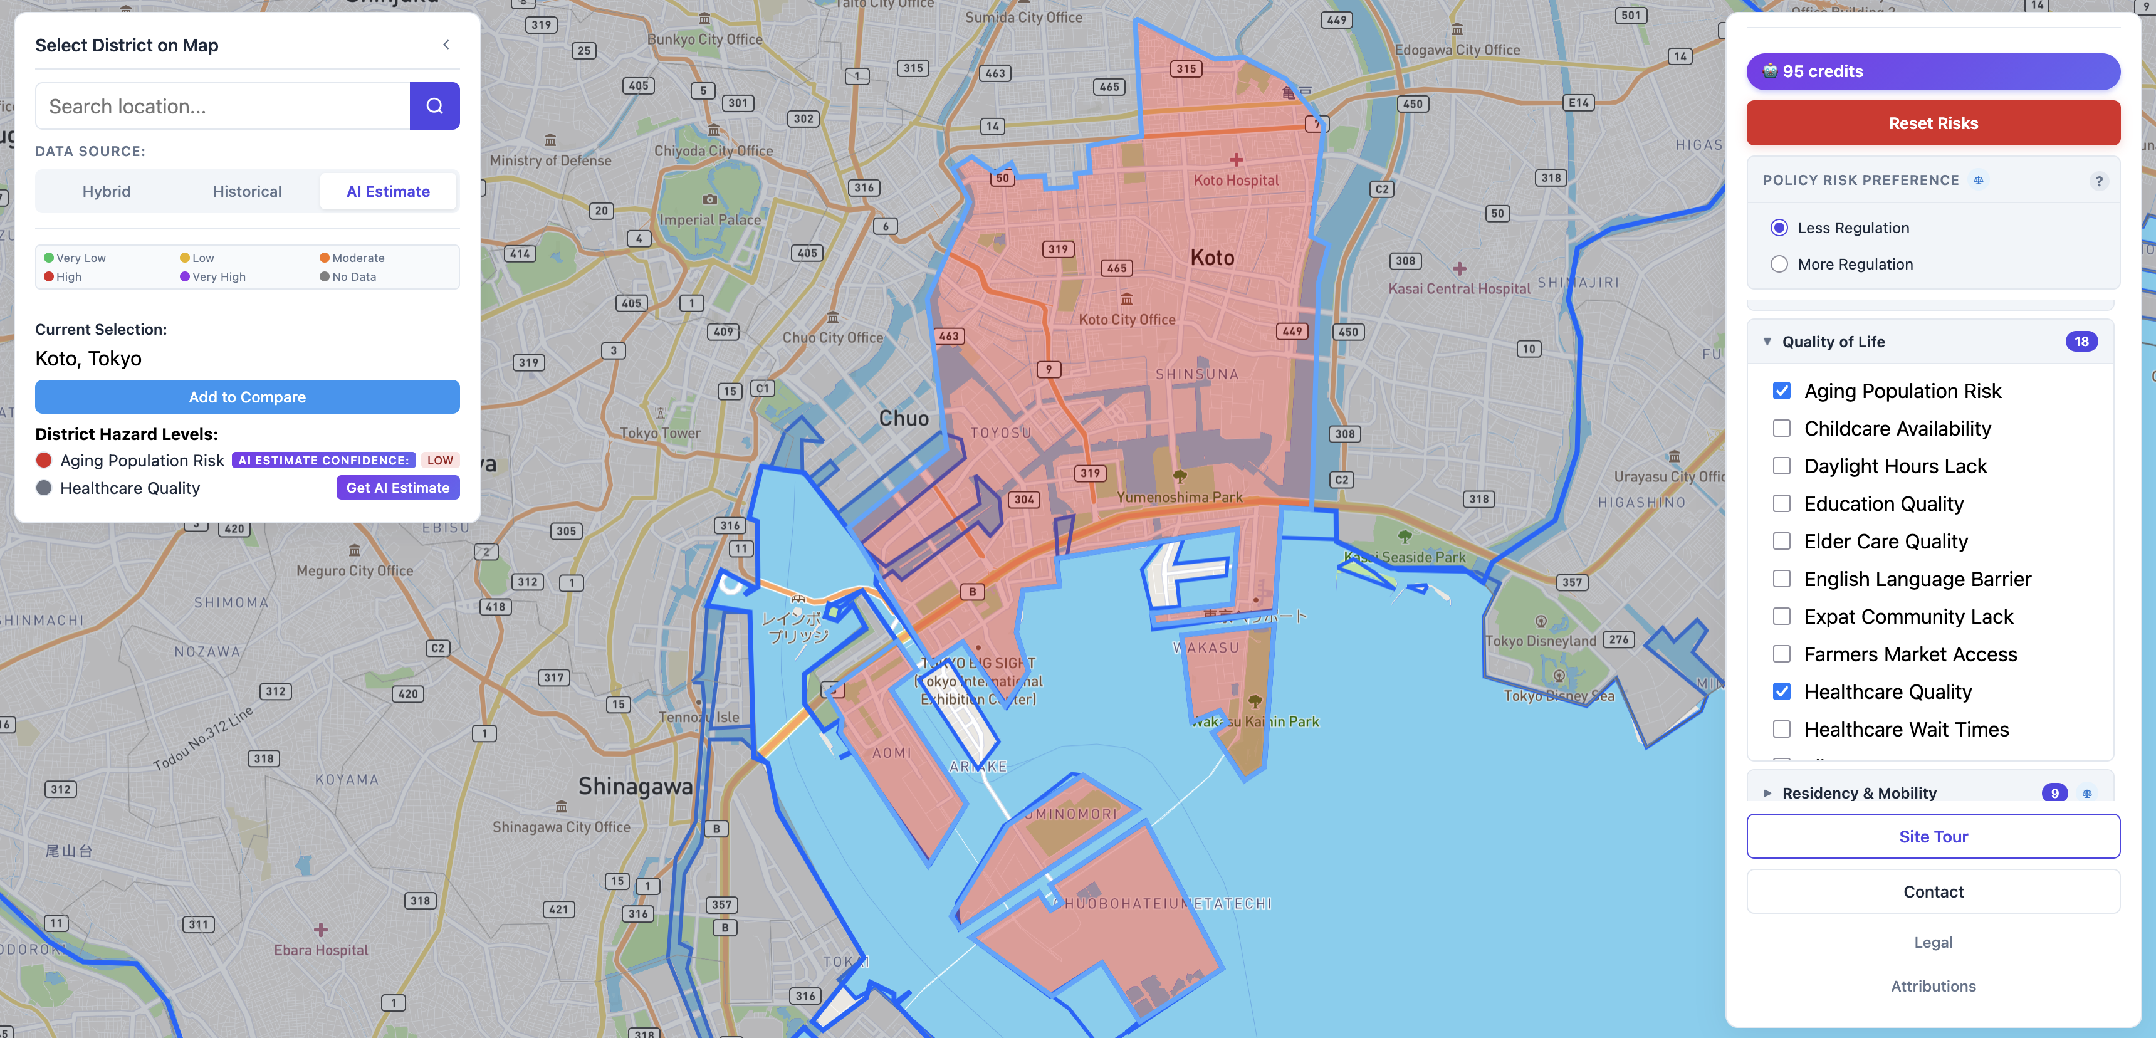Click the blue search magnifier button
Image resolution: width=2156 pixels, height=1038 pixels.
(x=434, y=107)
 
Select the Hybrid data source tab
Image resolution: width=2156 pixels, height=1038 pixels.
(x=107, y=192)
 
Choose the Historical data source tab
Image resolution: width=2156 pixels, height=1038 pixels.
(x=247, y=192)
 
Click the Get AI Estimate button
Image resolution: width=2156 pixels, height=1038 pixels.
(x=397, y=488)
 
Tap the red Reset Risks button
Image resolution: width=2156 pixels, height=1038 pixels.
(x=1932, y=123)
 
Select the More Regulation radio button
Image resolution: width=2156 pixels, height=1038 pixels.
(x=1779, y=265)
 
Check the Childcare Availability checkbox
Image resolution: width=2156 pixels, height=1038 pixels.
(x=1782, y=429)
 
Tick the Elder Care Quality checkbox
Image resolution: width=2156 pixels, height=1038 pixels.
(x=1782, y=542)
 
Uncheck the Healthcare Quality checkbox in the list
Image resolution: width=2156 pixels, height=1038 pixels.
(x=1782, y=691)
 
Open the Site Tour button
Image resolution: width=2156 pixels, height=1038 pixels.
(x=1932, y=836)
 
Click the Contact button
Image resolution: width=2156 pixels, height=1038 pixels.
(x=1932, y=891)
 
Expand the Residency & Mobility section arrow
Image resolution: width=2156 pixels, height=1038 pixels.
(x=1767, y=793)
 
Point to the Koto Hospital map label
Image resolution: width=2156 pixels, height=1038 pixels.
(x=1235, y=180)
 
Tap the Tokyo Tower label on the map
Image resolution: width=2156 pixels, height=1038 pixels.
(x=661, y=432)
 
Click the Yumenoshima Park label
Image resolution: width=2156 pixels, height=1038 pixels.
(x=1180, y=497)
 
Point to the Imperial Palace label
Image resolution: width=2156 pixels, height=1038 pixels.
(x=709, y=219)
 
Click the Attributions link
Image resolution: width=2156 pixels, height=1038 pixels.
(x=1932, y=986)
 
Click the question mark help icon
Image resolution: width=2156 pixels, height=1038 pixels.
(x=2098, y=181)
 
